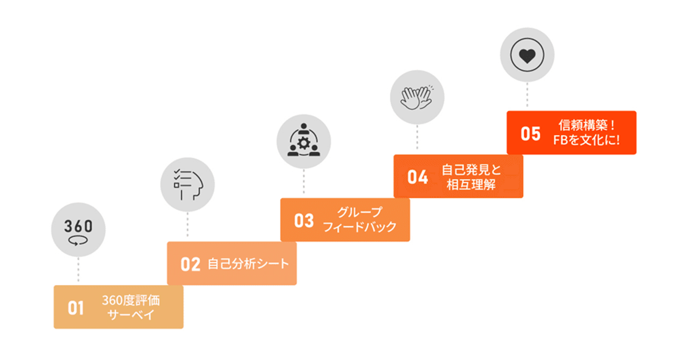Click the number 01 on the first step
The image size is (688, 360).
[x=75, y=308]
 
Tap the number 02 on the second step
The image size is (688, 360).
[x=190, y=265]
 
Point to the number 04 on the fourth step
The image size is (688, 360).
[x=418, y=177]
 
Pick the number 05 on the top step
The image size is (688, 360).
[x=530, y=134]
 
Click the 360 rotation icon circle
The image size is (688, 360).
[x=78, y=230]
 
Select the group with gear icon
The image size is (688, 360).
[x=303, y=141]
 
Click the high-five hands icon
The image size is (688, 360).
[x=417, y=97]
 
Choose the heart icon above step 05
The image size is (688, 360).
[x=527, y=54]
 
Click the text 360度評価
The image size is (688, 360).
[x=130, y=301]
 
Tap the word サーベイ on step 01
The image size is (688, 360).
[x=130, y=315]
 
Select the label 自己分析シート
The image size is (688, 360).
[x=248, y=264]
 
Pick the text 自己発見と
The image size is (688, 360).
[x=471, y=170]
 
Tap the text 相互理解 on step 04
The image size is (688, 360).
[x=471, y=184]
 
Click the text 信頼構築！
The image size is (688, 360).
[x=586, y=126]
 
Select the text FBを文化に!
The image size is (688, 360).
[x=586, y=140]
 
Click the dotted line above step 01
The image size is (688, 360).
[x=78, y=271]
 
